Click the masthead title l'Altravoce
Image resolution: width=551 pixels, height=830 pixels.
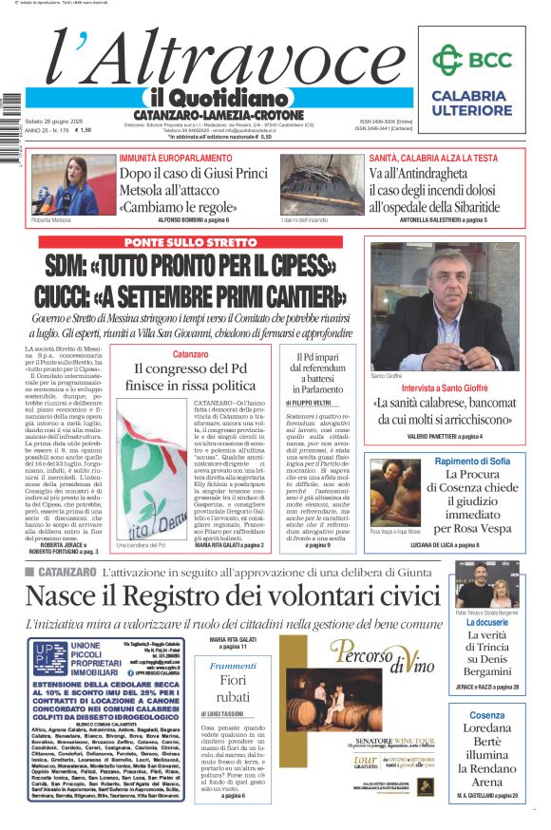208,59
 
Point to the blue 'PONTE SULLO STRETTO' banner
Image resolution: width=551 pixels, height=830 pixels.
190,243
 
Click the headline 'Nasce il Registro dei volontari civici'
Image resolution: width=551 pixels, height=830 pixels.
232,595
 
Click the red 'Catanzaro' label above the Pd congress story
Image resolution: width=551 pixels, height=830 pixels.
190,354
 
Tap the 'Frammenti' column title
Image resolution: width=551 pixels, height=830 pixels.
233,667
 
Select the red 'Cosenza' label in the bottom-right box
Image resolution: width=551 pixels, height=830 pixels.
486,715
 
